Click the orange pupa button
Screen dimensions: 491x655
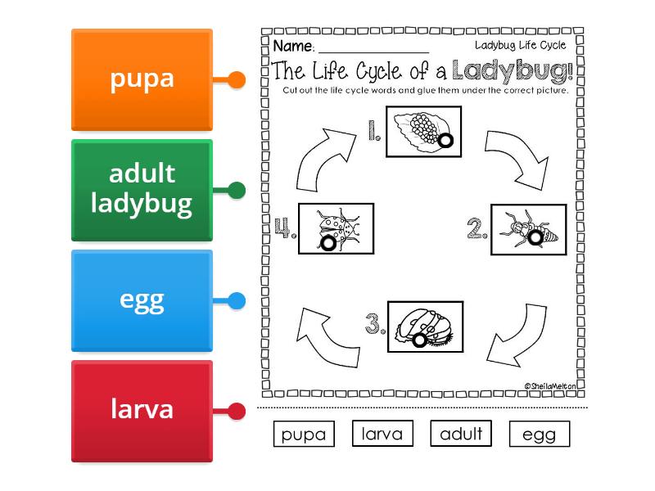(x=142, y=79)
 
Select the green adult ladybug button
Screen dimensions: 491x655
(x=142, y=190)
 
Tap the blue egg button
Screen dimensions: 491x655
(x=142, y=300)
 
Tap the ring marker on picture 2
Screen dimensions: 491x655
(x=536, y=237)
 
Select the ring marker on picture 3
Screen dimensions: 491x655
(x=420, y=339)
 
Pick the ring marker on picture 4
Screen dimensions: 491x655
(x=328, y=243)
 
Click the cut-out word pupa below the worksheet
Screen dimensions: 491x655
(x=304, y=435)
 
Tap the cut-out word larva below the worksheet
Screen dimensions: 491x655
(x=382, y=434)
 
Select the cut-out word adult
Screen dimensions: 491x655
(x=461, y=434)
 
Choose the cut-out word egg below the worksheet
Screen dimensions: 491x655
(x=539, y=435)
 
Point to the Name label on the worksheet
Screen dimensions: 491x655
(x=292, y=46)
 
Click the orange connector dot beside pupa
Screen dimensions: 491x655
(x=236, y=80)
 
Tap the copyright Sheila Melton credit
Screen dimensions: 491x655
(x=551, y=385)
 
